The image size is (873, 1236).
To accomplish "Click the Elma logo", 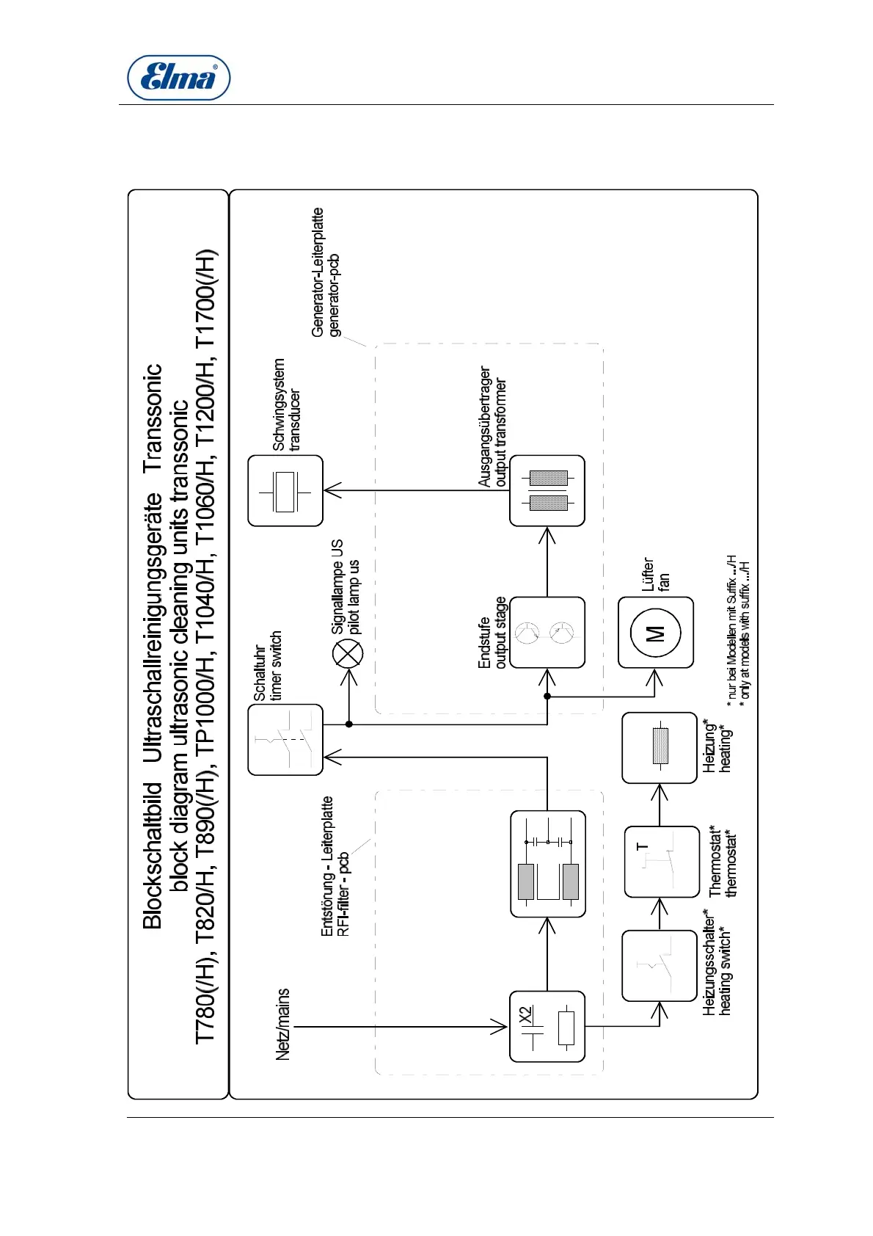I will [178, 77].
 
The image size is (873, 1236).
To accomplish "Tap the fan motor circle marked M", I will [655, 632].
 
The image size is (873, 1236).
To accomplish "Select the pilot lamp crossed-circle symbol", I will [348, 652].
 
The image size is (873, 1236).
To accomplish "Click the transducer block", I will [285, 490].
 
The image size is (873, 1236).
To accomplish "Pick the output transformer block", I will [547, 490].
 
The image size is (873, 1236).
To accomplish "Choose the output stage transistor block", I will [547, 632].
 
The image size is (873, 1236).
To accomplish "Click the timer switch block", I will [285, 739].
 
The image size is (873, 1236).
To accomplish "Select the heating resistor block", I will [660, 747].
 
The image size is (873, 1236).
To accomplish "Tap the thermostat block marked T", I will [662, 861].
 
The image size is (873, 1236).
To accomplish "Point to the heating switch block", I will [659, 965].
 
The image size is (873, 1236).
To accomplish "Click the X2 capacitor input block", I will [547, 1026].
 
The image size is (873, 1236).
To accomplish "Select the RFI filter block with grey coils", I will [547, 863].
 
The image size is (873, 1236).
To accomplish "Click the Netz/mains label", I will [282, 1024].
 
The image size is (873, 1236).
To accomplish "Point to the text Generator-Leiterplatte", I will [318, 272].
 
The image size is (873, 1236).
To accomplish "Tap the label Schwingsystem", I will [279, 404].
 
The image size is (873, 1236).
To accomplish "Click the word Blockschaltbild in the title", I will [152, 856].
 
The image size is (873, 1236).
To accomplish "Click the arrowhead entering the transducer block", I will [332, 490].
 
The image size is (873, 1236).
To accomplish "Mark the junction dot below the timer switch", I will [349, 724].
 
